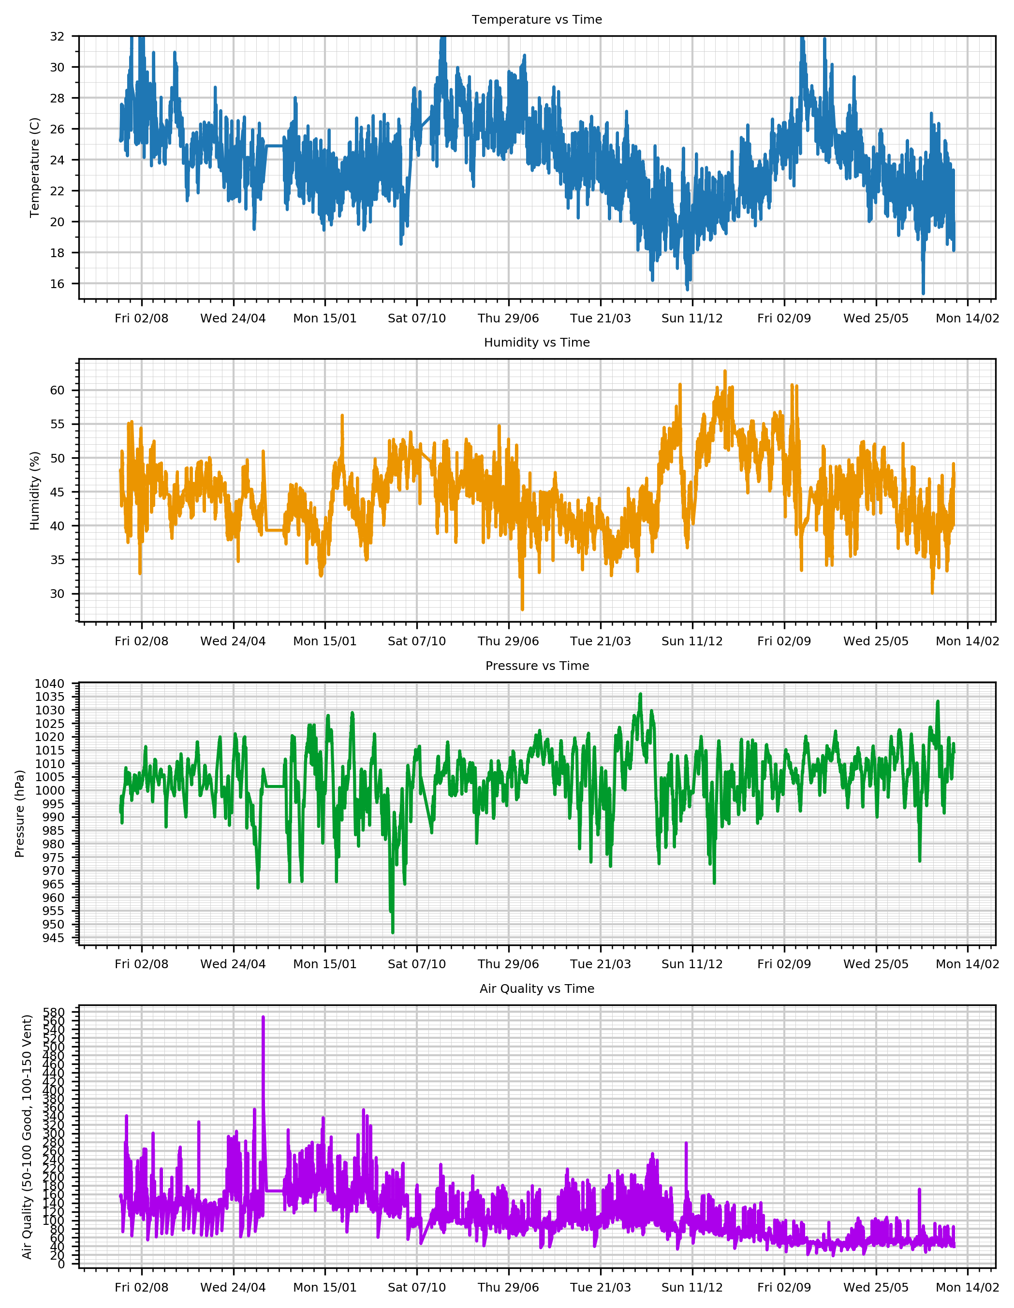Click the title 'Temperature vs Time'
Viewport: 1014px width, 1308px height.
tap(537, 20)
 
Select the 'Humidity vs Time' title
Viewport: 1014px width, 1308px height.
tap(537, 343)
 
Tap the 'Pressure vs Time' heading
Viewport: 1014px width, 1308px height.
tap(537, 666)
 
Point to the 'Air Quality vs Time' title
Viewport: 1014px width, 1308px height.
tap(537, 989)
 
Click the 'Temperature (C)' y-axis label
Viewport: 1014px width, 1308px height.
tap(35, 168)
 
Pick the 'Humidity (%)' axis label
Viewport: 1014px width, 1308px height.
tap(35, 491)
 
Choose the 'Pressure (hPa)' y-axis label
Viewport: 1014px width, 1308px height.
tap(20, 814)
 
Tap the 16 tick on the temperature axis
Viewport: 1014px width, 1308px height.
tap(57, 284)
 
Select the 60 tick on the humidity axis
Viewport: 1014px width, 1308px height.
tap(57, 391)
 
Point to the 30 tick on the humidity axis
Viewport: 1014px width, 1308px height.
tap(57, 594)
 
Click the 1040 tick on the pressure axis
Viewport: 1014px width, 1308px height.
tap(49, 684)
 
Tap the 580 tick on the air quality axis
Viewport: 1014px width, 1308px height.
tap(54, 1012)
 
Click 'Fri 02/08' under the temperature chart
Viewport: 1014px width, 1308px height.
tap(141, 319)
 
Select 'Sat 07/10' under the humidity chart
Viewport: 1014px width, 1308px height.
tap(417, 641)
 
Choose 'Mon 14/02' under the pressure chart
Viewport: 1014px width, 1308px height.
tap(967, 964)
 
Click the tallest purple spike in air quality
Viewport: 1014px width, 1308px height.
tap(263, 1017)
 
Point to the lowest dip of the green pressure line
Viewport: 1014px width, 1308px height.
tap(393, 932)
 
